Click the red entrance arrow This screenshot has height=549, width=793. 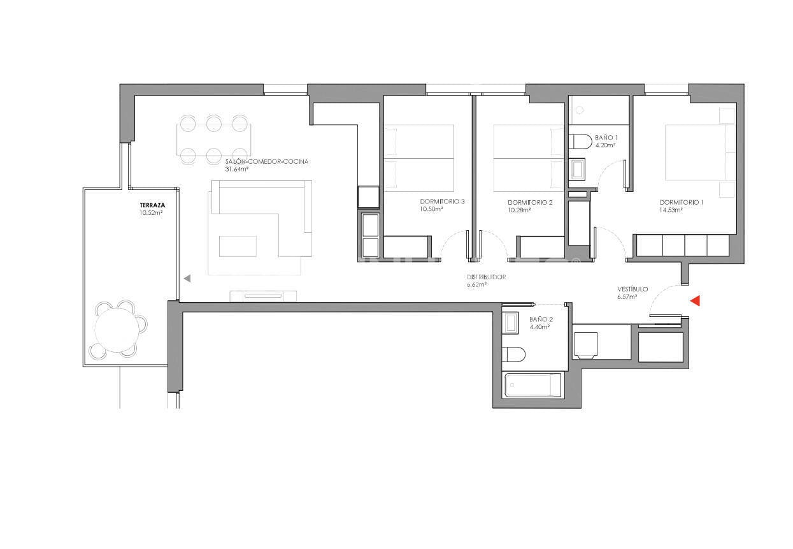[x=696, y=300]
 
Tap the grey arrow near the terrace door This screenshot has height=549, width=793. [x=187, y=278]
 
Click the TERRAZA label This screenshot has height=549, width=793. [x=152, y=205]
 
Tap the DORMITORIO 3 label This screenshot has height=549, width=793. [x=442, y=202]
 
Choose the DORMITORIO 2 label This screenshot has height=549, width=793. [x=530, y=202]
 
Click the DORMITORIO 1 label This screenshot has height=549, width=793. [x=682, y=202]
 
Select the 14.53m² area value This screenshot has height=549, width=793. [x=671, y=210]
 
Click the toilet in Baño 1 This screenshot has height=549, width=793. [x=579, y=142]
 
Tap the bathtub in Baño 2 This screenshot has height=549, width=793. [x=533, y=385]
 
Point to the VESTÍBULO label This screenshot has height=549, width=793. [x=632, y=289]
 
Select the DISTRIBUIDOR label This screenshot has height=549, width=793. [x=486, y=277]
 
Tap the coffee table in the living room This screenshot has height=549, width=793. [x=238, y=246]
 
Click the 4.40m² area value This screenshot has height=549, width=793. [x=539, y=327]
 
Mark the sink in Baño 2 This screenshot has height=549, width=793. [x=511, y=323]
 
